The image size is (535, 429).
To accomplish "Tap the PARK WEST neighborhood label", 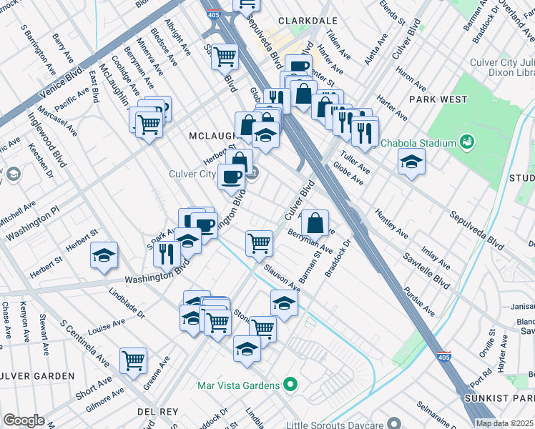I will coord(438,99).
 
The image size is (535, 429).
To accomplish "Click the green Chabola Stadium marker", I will coord(467,142).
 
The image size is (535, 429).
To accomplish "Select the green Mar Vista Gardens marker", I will coord(290,385).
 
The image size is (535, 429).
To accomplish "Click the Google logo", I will coord(24,420).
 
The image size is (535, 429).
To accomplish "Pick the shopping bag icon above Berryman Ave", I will coord(315,222).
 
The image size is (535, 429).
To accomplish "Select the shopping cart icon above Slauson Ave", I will coord(259,242).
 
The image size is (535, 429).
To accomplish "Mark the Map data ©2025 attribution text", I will coord(505,423).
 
